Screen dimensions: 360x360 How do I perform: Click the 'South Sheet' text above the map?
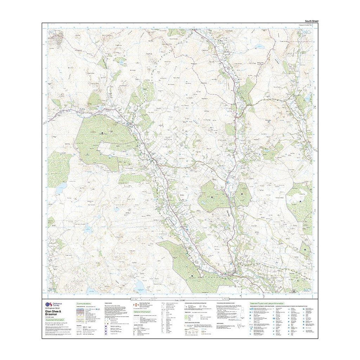pyautogui.click(x=311, y=21)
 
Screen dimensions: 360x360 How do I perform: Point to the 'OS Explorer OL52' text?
pyautogui.click(x=53, y=308)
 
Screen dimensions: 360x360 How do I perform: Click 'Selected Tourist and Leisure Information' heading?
pyautogui.click(x=267, y=303)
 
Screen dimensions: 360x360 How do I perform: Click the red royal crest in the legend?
pyautogui.click(x=135, y=305)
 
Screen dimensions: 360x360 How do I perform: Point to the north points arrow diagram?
pyautogui.click(x=240, y=327)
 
